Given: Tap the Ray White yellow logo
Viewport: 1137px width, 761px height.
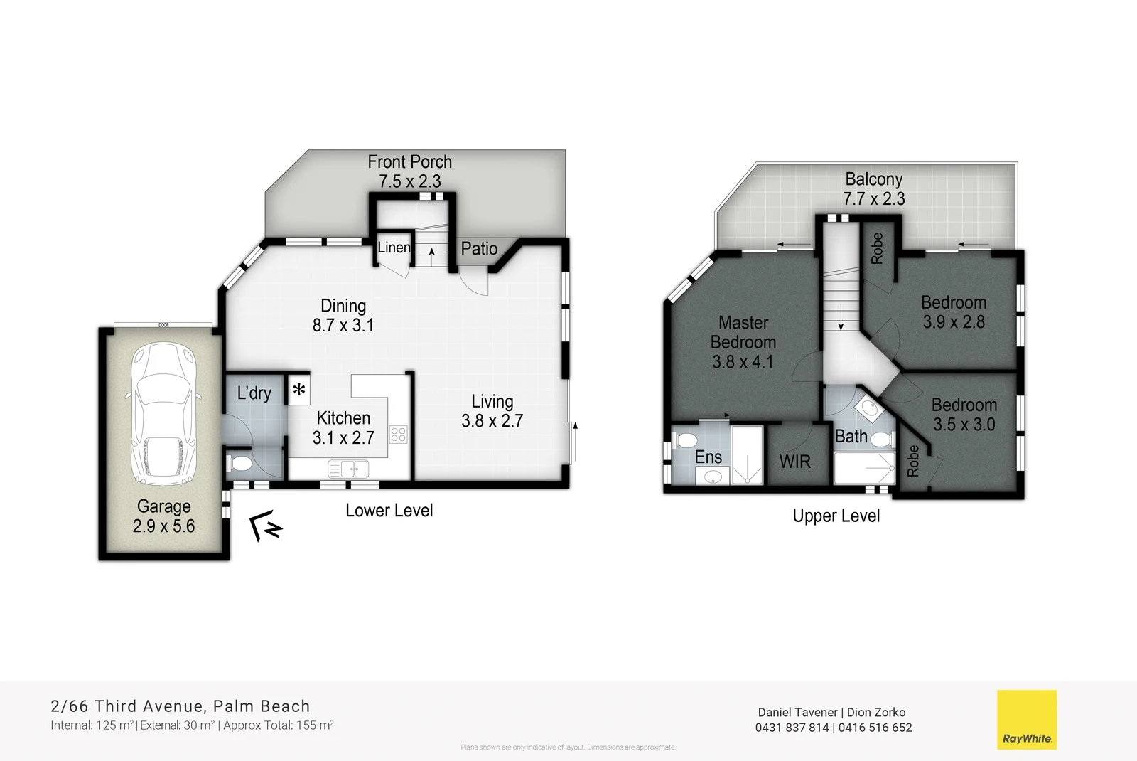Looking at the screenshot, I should pos(1026,719).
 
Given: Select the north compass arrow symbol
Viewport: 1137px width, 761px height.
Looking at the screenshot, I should pos(266,526).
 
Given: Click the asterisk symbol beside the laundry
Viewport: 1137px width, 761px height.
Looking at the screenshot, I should pos(299,390).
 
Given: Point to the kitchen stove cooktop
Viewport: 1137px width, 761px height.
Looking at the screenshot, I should pos(398,434).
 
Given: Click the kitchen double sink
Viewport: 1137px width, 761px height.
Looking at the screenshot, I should pos(348,469).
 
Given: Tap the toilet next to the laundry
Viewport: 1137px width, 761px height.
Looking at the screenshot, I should pos(239,464).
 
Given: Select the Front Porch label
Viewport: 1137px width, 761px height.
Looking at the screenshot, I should pos(409,162).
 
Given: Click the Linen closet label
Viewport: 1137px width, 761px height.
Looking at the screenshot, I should pos(394,248).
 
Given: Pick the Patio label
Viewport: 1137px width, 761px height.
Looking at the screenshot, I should pos(479,249).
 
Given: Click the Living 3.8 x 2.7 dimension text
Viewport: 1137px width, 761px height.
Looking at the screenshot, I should pos(492,421).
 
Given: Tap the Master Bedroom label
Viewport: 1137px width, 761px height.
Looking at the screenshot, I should pos(743,332).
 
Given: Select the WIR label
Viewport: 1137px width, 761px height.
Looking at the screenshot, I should pos(794,462).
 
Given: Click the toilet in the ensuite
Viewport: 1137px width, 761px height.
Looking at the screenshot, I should pos(684,440).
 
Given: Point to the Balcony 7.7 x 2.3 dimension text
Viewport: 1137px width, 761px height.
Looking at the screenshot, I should pos(874,199).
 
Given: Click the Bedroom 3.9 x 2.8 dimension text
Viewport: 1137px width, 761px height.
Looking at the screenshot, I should pos(954,322).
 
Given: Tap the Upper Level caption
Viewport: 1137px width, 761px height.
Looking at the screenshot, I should pos(836,516).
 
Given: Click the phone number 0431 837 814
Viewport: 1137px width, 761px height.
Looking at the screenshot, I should pos(792,728).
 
